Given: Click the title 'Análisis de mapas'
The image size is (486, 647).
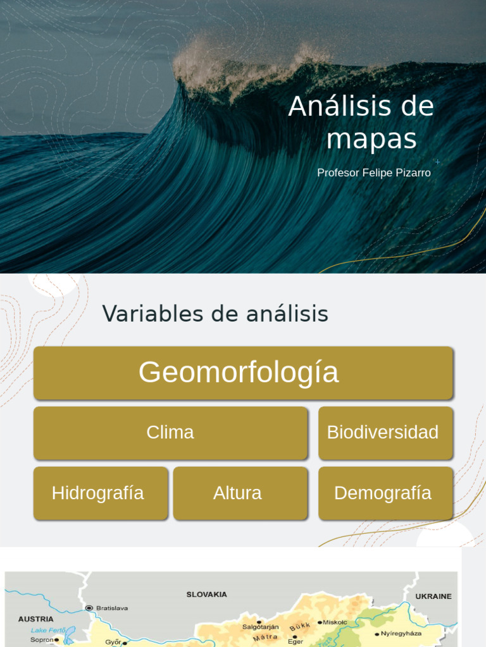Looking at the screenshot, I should click(x=361, y=123).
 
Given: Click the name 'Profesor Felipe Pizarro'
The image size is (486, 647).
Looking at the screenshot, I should click(x=373, y=172).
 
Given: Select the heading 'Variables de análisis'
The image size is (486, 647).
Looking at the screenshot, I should click(x=215, y=313).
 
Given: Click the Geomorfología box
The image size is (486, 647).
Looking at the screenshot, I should click(x=243, y=373).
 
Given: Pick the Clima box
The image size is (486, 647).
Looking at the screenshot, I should click(x=170, y=433).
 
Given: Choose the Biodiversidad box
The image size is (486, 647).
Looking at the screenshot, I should click(x=385, y=433).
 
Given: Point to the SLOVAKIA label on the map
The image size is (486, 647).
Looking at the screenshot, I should click(x=206, y=595).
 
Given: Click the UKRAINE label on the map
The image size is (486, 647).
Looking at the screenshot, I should click(x=433, y=596).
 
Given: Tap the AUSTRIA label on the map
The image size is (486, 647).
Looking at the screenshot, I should click(x=36, y=619).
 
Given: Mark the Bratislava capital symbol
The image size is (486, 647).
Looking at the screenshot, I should click(x=89, y=608).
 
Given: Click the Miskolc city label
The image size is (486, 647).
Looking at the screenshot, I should click(x=335, y=622).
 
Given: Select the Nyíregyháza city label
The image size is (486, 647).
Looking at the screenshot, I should click(x=401, y=633).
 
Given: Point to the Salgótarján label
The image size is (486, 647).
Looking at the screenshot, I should click(x=260, y=627).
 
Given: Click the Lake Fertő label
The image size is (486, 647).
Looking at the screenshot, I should click(x=49, y=630).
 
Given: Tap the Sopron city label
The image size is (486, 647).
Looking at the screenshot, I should click(x=42, y=639).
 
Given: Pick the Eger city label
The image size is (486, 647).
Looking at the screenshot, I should click(x=296, y=641).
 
